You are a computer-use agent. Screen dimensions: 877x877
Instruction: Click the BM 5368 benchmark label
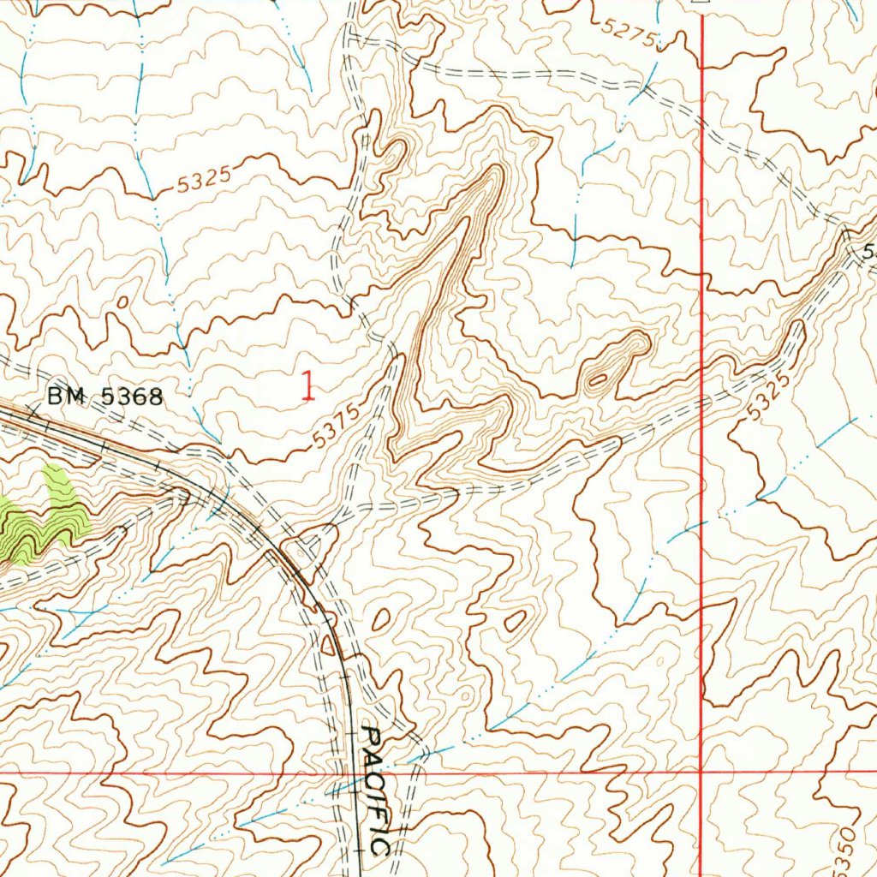click(x=104, y=397)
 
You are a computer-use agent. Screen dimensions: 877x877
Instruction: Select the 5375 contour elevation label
click(x=330, y=426)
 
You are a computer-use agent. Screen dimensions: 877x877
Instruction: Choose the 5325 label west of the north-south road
click(x=206, y=180)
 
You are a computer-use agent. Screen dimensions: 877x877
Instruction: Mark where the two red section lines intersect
click(x=701, y=772)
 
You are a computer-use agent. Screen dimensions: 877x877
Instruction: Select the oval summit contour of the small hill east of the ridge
click(x=599, y=378)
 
